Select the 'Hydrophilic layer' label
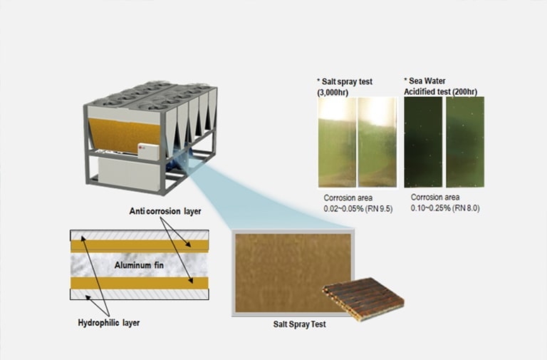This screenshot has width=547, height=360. pos(108,323)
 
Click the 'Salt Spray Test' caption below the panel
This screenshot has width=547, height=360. pos(300,324)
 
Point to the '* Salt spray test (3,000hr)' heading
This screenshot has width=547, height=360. pos(345,87)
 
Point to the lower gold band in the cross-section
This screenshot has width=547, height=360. pos(138,283)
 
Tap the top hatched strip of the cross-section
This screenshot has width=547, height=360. pos(138,235)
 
